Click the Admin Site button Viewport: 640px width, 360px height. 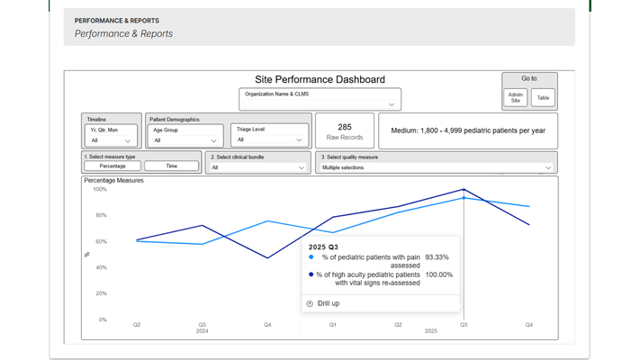(516, 98)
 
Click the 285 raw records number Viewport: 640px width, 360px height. (345, 128)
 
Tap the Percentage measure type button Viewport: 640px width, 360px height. (113, 166)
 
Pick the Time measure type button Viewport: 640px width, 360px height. (171, 166)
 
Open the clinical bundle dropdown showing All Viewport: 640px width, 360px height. (258, 167)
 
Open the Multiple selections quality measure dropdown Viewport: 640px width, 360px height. (437, 167)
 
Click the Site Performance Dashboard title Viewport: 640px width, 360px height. (320, 80)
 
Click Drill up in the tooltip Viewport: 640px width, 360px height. (328, 303)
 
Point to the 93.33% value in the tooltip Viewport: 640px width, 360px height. (437, 256)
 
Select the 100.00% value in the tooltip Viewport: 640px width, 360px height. (438, 274)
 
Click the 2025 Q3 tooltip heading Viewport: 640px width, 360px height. (323, 246)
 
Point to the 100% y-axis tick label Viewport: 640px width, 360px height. (99, 189)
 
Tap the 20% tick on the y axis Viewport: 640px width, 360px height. (101, 293)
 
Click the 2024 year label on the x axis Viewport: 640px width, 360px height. (203, 331)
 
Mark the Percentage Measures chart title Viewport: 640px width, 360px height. (113, 180)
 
